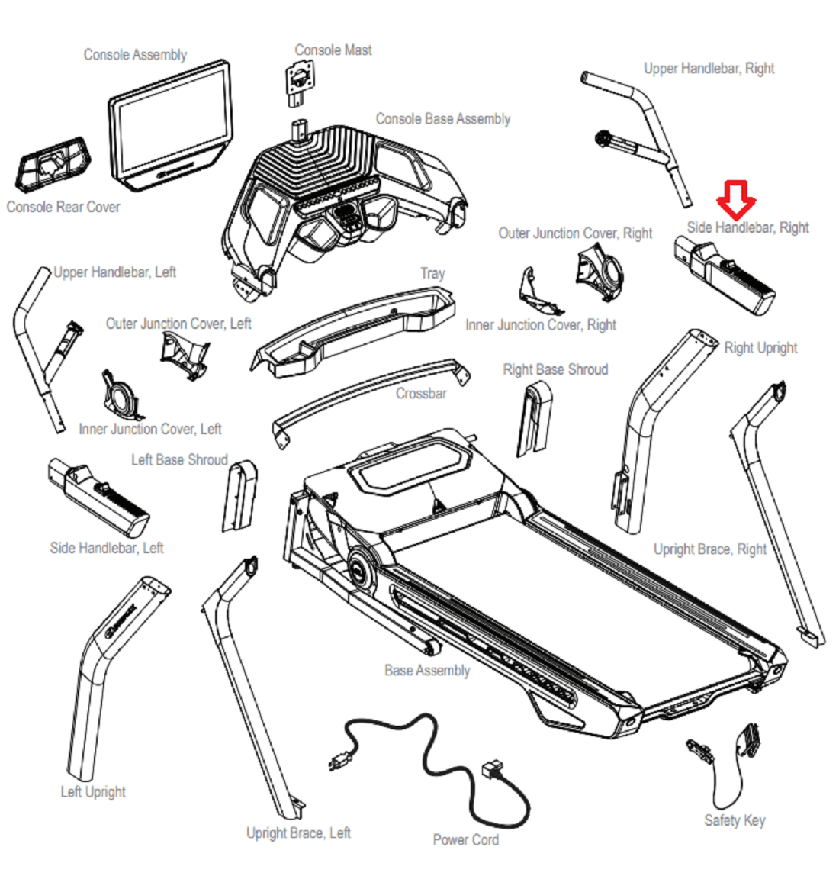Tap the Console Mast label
click(x=333, y=50)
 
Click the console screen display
click(x=169, y=121)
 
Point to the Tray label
click(x=432, y=273)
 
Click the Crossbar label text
click(x=421, y=394)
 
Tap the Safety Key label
click(x=735, y=821)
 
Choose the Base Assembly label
click(x=427, y=671)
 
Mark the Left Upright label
click(x=93, y=792)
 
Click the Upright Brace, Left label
click(x=298, y=833)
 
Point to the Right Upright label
click(x=760, y=348)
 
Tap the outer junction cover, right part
click(x=599, y=274)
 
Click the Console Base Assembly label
click(x=443, y=119)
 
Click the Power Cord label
click(x=465, y=839)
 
